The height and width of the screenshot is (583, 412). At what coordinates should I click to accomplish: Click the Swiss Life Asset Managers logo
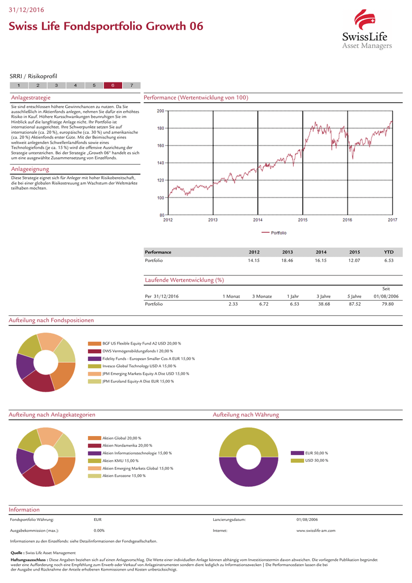pyautogui.click(x=367, y=30)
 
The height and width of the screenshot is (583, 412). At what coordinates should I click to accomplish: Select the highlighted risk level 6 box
pyautogui.click(x=113, y=85)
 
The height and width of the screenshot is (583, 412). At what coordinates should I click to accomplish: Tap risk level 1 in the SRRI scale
pyautogui.click(x=19, y=85)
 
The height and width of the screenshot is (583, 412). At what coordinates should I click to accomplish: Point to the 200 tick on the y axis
pyautogui.click(x=160, y=111)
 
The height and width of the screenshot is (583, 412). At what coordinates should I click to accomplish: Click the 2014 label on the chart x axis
pyautogui.click(x=257, y=220)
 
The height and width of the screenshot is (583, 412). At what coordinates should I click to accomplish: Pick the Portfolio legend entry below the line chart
pyautogui.click(x=274, y=233)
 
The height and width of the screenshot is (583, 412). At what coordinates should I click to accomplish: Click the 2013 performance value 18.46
pyautogui.click(x=287, y=260)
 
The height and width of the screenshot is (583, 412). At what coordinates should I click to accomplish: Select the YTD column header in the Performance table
pyautogui.click(x=389, y=252)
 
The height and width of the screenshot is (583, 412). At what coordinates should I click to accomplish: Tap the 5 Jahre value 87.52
pyautogui.click(x=355, y=304)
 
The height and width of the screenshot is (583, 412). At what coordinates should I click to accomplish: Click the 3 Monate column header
pyautogui.click(x=262, y=296)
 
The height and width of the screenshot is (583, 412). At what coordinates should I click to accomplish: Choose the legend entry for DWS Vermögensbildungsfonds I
pyautogui.click(x=131, y=351)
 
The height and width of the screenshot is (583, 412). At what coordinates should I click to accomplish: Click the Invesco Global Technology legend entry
pyautogui.click(x=132, y=366)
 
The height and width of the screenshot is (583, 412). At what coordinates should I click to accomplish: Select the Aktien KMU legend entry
pyautogui.click(x=113, y=461)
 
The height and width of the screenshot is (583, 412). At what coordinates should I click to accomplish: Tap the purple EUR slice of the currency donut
pyautogui.click(x=248, y=478)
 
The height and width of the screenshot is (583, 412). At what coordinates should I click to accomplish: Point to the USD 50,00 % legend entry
pyautogui.click(x=310, y=461)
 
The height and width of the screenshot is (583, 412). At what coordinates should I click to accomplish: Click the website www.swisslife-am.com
pyautogui.click(x=316, y=531)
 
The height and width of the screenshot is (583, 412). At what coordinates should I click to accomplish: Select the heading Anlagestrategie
pyautogui.click(x=31, y=98)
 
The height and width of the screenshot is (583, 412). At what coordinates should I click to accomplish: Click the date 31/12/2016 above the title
pyautogui.click(x=26, y=10)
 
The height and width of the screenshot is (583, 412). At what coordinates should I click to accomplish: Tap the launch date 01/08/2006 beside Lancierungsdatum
pyautogui.click(x=307, y=519)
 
